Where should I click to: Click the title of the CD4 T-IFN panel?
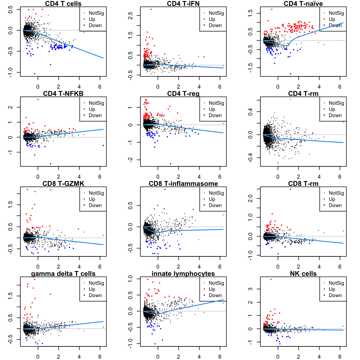pos(183,3)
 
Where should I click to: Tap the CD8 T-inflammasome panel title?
pos(183,183)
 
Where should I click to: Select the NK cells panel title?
pos(303,273)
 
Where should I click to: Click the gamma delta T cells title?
pos(63,273)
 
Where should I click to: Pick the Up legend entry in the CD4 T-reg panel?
pos(212,109)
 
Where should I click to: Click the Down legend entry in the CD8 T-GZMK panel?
pos(95,205)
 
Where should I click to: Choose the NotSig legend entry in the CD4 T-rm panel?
pos(336,103)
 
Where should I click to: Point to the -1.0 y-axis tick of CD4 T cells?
pos(10,72)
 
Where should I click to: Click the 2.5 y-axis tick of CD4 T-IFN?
pos(130,16)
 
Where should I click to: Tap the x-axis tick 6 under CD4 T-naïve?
pos(340,87)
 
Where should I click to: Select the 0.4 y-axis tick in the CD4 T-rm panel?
pos(250,112)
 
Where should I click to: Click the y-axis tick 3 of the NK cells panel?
pos(250,289)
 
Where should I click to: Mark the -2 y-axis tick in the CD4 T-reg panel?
pos(130,160)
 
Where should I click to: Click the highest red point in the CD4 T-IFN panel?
pos(151,9)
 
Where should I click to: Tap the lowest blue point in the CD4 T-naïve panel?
pos(290,74)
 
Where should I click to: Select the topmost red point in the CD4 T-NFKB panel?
pos(38,99)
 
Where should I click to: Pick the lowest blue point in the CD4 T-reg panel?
pos(170,164)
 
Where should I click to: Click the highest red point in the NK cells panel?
pos(271,279)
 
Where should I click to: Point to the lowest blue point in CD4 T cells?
pos(35,74)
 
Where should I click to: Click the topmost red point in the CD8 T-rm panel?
pos(290,189)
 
